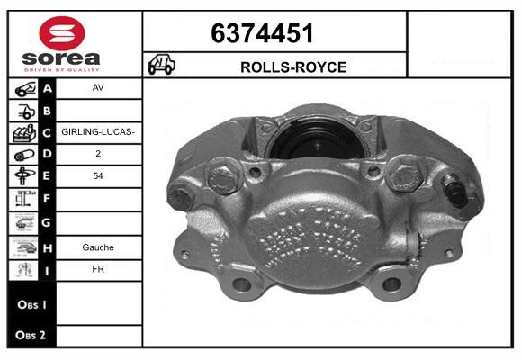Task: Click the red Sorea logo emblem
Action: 62,33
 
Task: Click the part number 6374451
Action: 262,33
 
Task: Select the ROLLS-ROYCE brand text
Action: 293,67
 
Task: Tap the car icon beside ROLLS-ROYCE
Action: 161,64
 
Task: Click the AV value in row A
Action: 98,87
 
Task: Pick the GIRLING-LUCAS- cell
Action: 98,132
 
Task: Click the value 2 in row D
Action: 98,154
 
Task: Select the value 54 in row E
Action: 98,175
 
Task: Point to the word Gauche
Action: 98,247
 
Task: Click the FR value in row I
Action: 98,269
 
